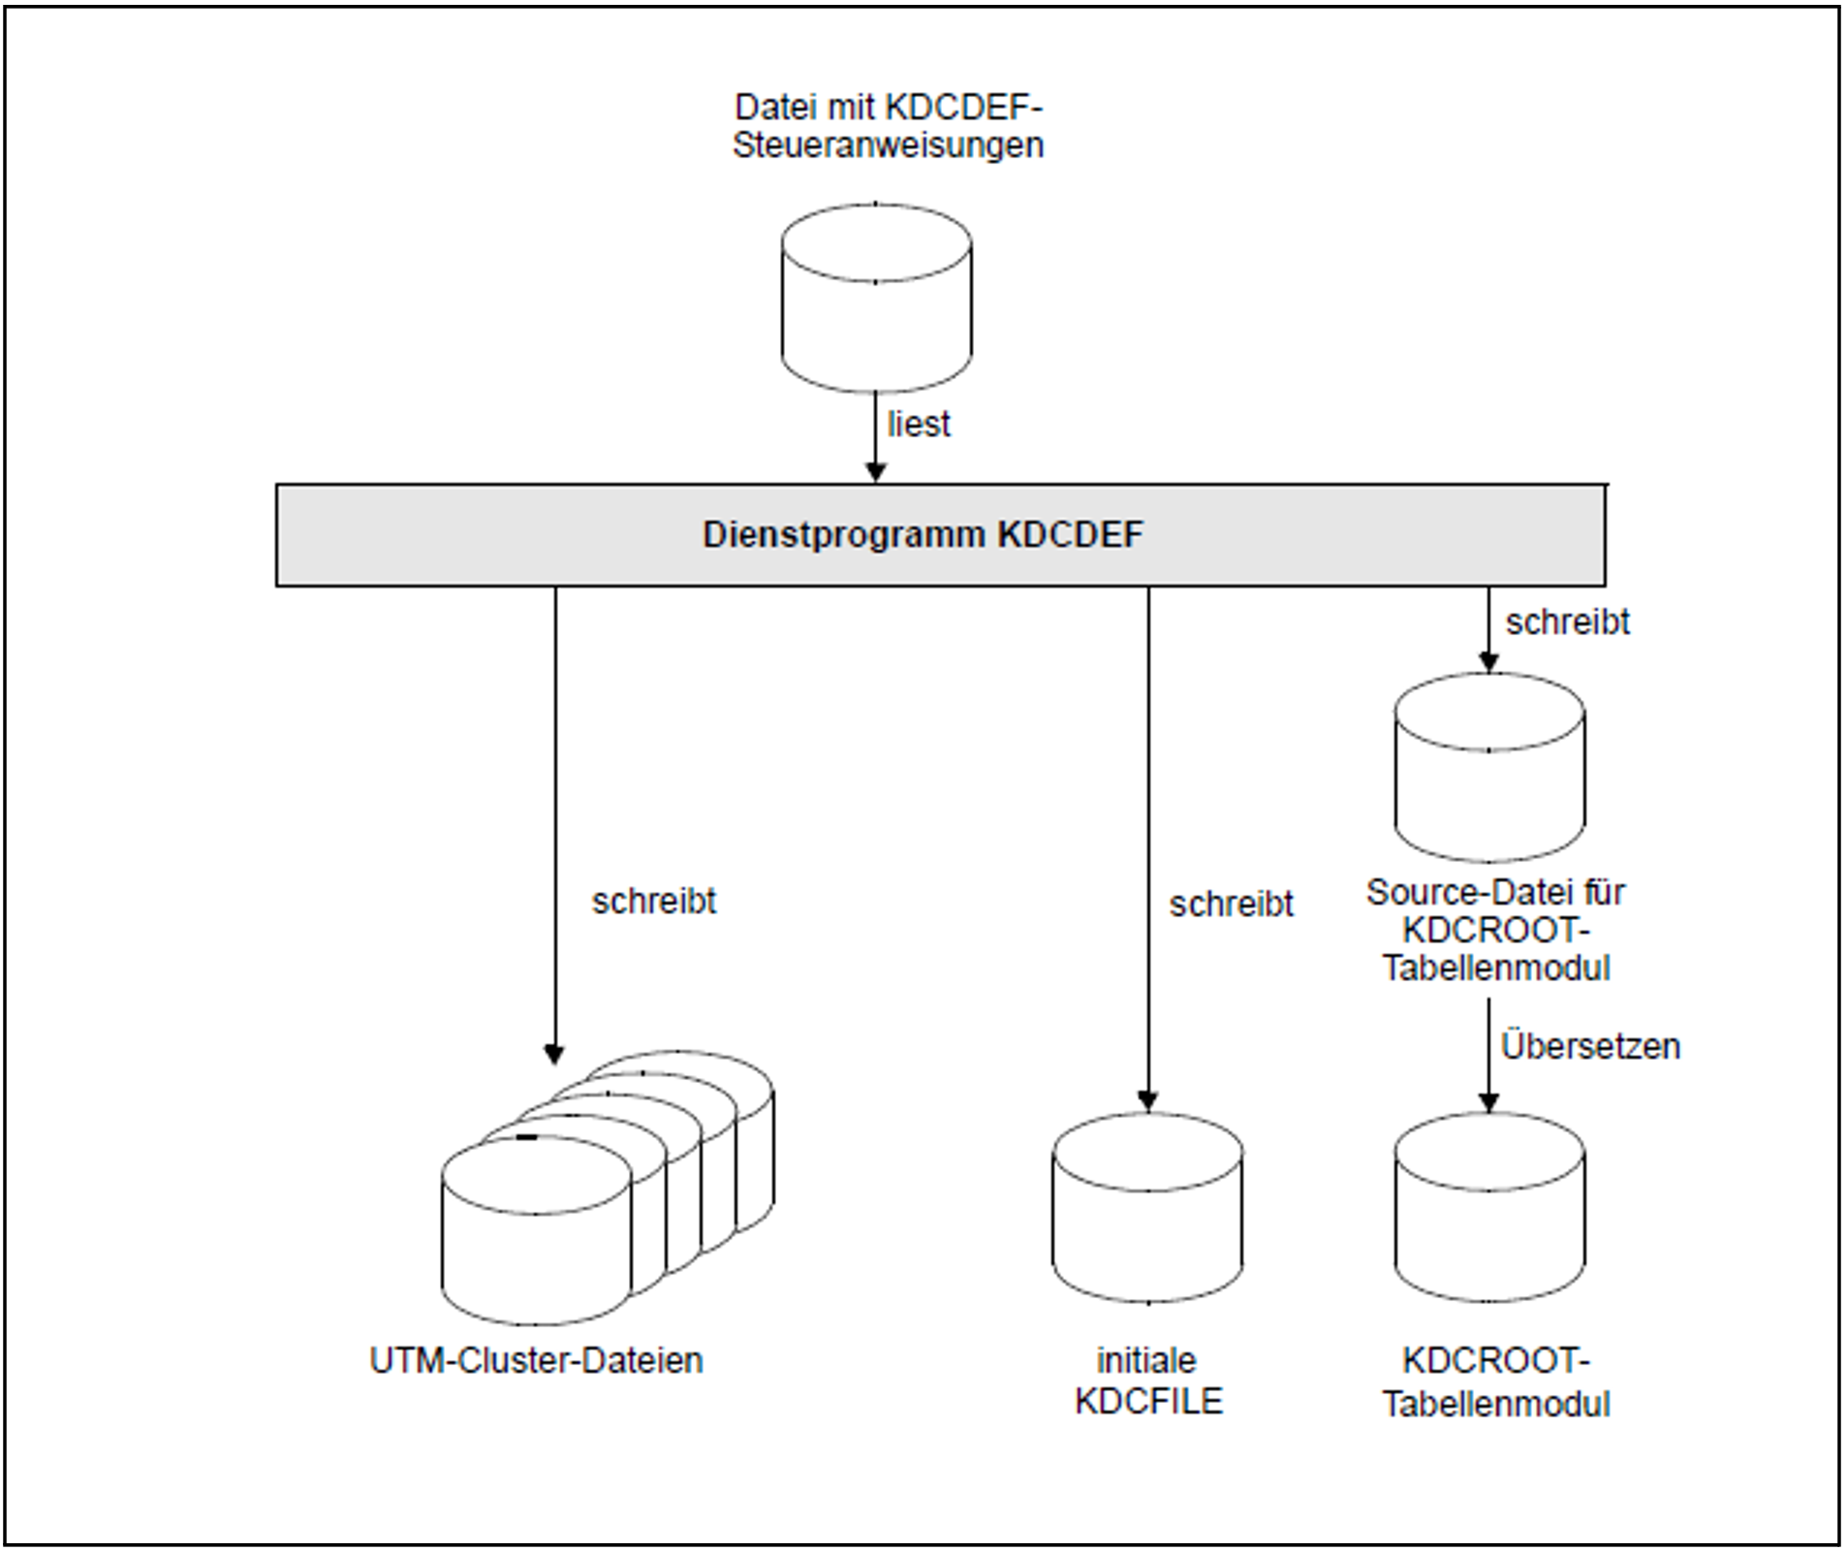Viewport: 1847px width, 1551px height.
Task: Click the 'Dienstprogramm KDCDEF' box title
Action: [923, 535]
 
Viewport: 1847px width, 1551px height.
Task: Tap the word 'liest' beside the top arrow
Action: [919, 425]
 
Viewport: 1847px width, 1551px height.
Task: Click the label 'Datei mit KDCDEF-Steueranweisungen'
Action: [888, 126]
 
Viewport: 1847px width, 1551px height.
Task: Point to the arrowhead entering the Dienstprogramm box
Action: [876, 472]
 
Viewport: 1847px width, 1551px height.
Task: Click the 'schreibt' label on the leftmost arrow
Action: [654, 902]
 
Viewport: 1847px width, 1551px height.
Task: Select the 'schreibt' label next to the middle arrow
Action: [1231, 904]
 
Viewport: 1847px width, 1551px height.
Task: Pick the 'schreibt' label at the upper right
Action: [1567, 622]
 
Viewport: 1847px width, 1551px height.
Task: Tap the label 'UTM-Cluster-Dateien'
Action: [536, 1361]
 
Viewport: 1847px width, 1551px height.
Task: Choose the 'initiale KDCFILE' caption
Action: [1148, 1381]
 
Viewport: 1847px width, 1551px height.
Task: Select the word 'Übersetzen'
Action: [1590, 1047]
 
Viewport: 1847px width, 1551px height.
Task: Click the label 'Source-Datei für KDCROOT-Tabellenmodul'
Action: [1495, 931]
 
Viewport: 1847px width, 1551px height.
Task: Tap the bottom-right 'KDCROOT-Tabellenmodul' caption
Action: [1495, 1382]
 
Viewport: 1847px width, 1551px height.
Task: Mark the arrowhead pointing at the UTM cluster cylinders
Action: [554, 1055]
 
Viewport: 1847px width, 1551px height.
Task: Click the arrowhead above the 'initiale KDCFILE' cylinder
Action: [1148, 1101]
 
